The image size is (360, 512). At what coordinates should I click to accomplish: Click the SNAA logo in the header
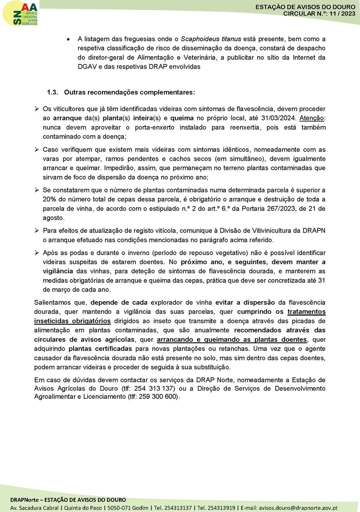(x=20, y=13)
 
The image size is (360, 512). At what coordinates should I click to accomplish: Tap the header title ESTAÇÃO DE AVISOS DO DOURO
(x=305, y=7)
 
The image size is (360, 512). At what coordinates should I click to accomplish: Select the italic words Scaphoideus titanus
(x=211, y=39)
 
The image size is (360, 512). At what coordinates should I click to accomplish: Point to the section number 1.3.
(x=52, y=92)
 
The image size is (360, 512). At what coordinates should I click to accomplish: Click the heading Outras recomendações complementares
(x=129, y=92)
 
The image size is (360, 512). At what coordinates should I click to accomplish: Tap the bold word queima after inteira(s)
(x=182, y=118)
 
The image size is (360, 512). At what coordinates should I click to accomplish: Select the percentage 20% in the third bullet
(x=49, y=200)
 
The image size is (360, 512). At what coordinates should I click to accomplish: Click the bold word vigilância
(x=58, y=271)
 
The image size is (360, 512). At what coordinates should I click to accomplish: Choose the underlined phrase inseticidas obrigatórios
(x=72, y=321)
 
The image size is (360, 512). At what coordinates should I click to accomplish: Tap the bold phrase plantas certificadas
(x=100, y=349)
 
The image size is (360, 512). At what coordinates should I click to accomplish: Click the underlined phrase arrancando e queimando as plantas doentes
(x=232, y=340)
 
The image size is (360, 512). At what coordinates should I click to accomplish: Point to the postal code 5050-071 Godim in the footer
(x=128, y=508)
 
